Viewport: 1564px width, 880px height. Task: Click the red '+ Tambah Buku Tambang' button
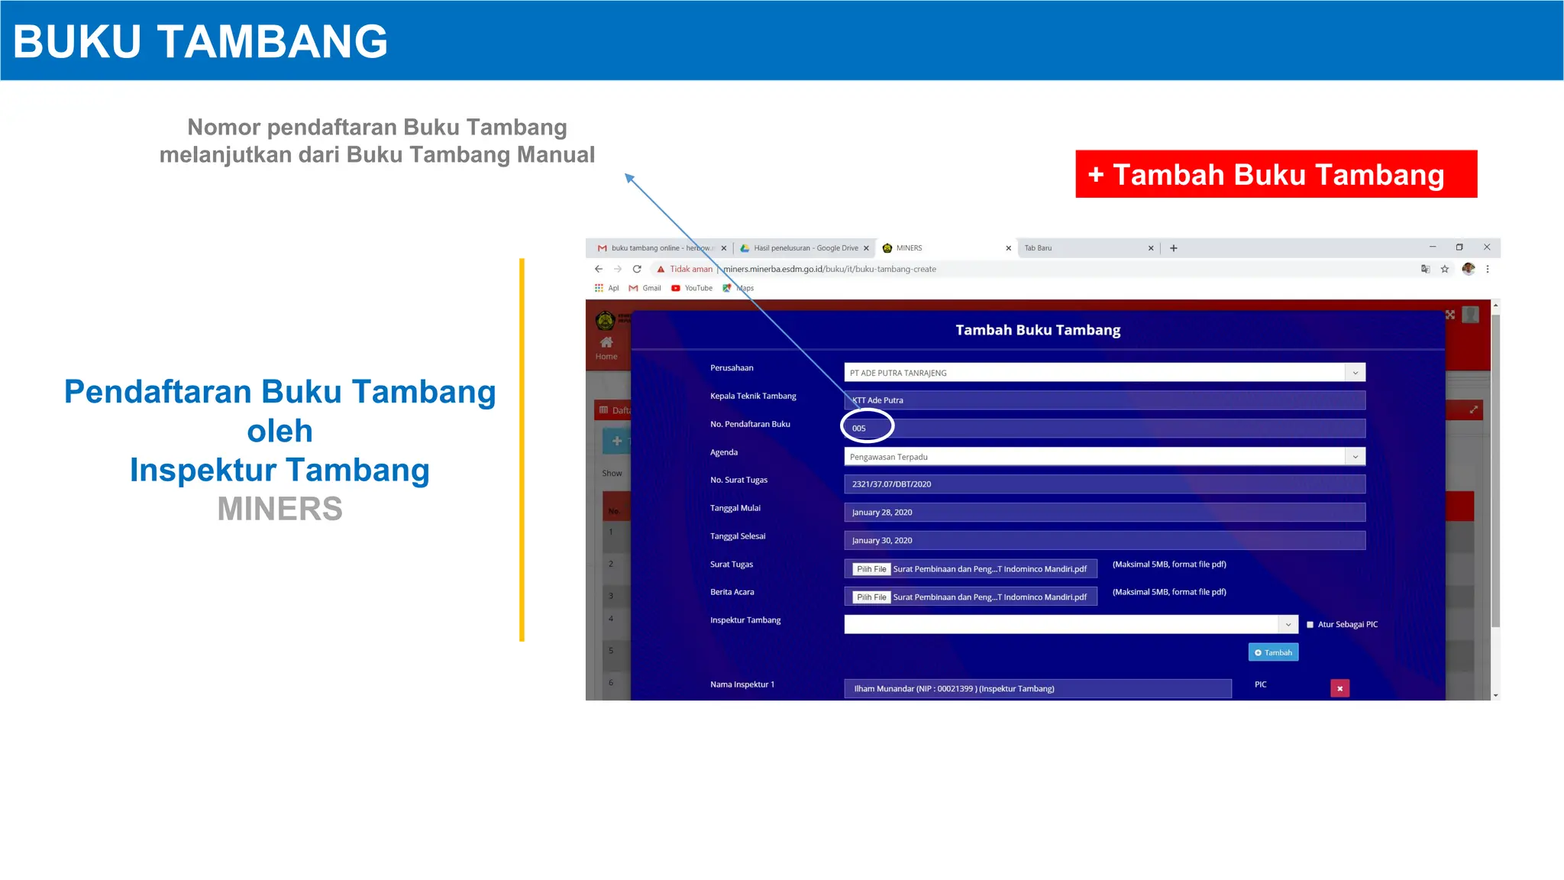[x=1275, y=174]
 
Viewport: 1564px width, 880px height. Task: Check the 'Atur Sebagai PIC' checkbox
[x=1310, y=625]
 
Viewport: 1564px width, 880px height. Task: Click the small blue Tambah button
[x=1273, y=652]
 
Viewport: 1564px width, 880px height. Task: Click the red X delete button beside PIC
[x=1339, y=688]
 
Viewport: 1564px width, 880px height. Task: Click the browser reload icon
[x=637, y=269]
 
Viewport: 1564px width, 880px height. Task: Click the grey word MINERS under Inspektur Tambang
[x=280, y=509]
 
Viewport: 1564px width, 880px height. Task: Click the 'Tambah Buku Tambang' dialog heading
[x=1038, y=330]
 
